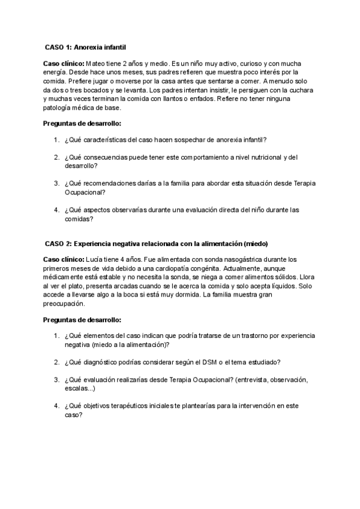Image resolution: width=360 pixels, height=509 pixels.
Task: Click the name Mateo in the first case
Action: pyautogui.click(x=97, y=63)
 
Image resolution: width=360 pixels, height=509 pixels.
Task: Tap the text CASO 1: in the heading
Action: pyautogui.click(x=58, y=46)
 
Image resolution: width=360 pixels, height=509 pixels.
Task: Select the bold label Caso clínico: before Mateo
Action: pyautogui.click(x=64, y=63)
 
